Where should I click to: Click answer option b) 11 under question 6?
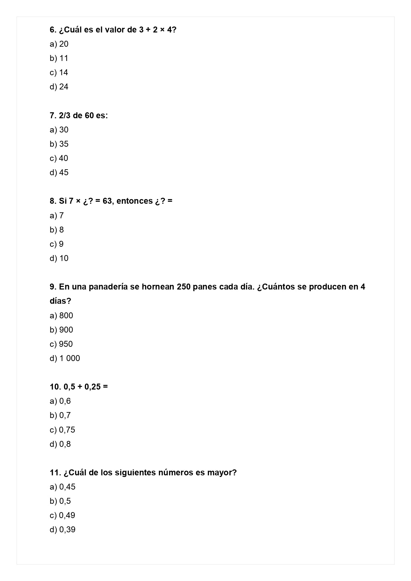tap(59, 58)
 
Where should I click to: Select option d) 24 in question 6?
tap(59, 87)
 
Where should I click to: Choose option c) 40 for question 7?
tap(59, 158)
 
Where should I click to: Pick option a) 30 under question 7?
tap(59, 130)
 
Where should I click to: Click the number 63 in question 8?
tap(107, 201)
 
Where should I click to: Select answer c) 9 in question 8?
tap(57, 244)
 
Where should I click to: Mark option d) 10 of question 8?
tap(59, 258)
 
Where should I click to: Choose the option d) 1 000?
tap(65, 358)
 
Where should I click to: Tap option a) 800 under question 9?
tap(61, 316)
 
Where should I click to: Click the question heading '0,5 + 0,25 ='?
tap(79, 387)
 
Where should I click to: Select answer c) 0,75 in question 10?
tap(62, 430)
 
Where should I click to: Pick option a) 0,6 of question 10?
tap(60, 401)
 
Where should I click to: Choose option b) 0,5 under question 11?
tap(60, 501)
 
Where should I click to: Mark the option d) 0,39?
tap(63, 530)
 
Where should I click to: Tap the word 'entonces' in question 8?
tap(134, 201)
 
